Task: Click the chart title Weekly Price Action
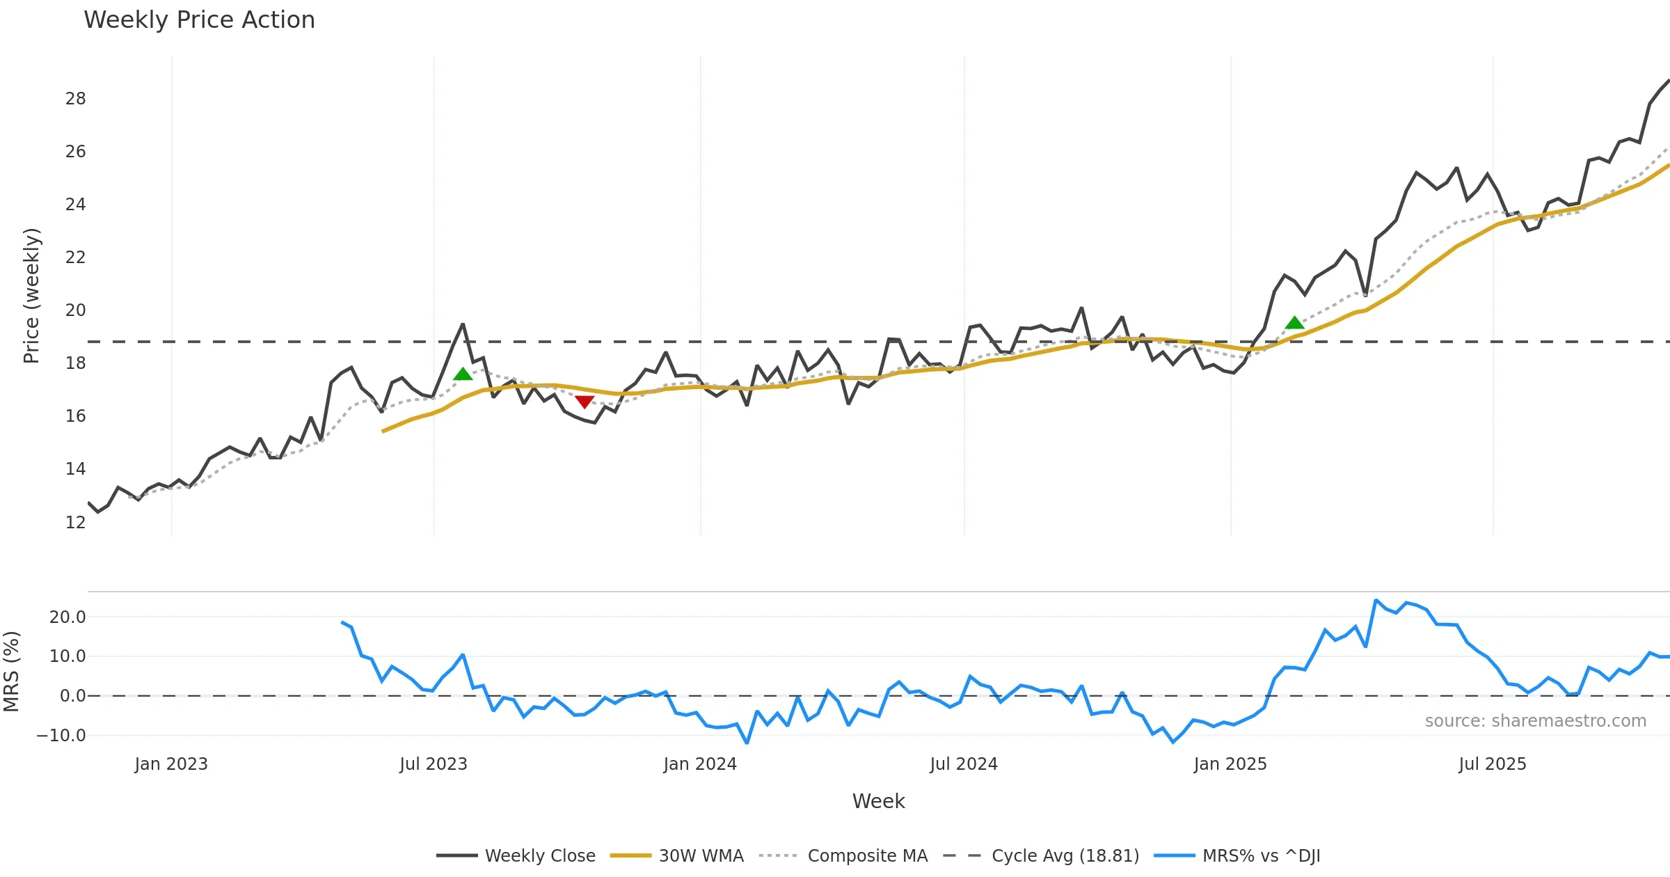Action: click(199, 19)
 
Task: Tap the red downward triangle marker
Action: click(584, 402)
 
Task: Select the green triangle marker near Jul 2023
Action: click(463, 374)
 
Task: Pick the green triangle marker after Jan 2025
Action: click(1294, 322)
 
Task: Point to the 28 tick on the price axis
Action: click(75, 99)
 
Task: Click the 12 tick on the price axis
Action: click(75, 522)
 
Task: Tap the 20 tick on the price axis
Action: click(75, 310)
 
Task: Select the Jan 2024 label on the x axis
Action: click(699, 764)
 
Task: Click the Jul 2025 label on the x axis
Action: click(1492, 764)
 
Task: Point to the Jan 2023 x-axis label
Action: click(171, 764)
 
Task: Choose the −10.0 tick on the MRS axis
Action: click(61, 735)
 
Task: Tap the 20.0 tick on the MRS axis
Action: click(67, 617)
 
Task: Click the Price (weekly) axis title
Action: click(32, 296)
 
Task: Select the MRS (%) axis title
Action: click(11, 671)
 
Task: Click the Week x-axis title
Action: click(878, 801)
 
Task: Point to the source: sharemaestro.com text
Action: click(1535, 721)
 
